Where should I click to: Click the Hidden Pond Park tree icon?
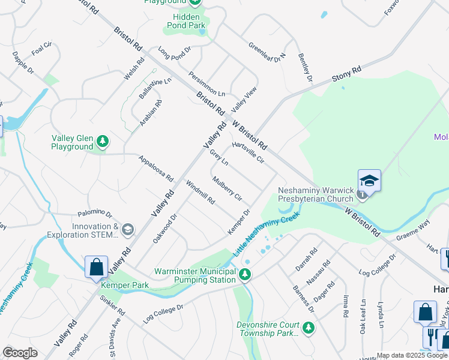pos(196,2)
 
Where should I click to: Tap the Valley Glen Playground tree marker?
pos(103,142)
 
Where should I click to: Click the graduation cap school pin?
pos(370,181)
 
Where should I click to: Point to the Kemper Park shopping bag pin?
pos(96,268)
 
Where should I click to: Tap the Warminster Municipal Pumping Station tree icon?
pos(245,275)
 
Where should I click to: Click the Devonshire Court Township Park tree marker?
pos(308,328)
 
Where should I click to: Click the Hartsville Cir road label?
pos(247,153)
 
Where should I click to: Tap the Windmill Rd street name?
pos(200,192)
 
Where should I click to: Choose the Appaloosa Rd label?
pos(155,169)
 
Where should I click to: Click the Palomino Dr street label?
pos(95,214)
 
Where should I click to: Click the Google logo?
pos(20,353)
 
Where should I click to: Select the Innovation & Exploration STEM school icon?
pos(127,229)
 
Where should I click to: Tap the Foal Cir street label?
pos(42,48)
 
